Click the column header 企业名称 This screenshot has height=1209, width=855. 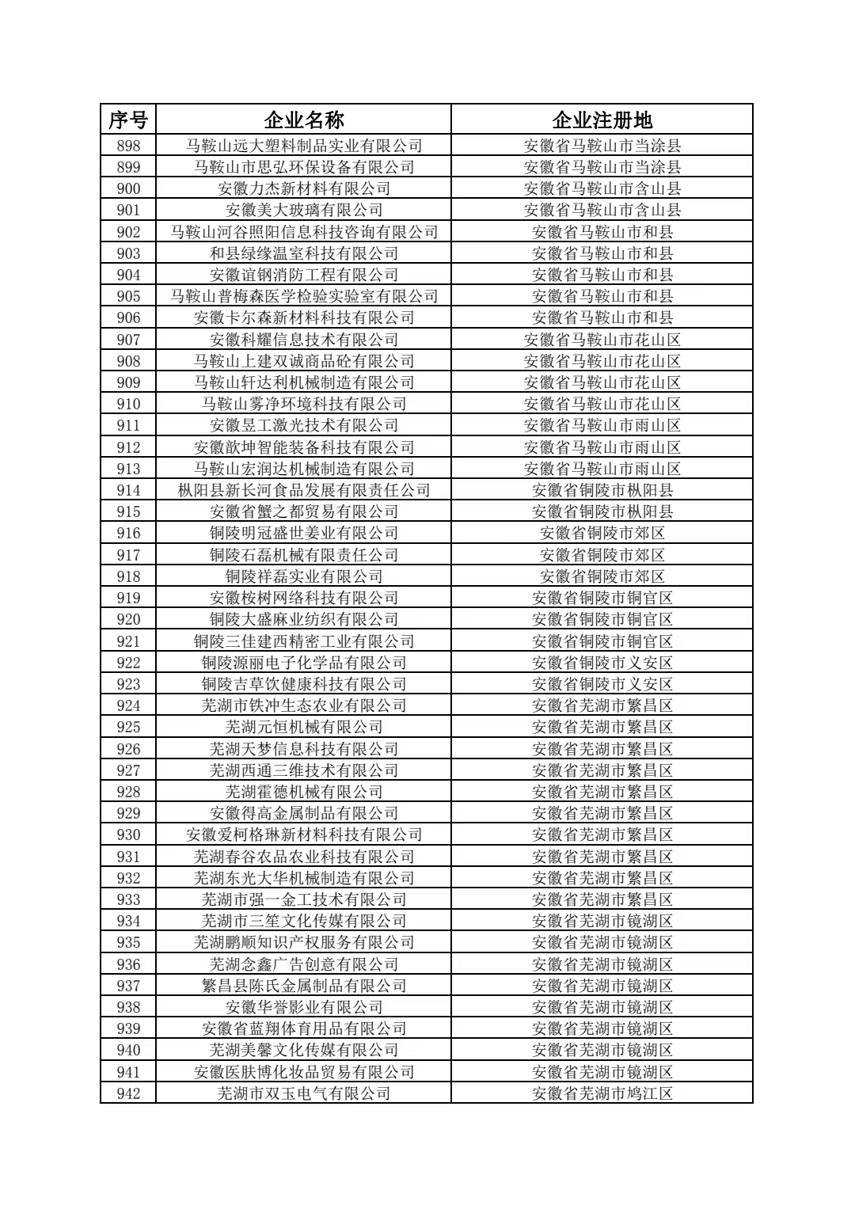click(x=304, y=120)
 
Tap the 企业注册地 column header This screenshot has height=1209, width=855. click(x=602, y=120)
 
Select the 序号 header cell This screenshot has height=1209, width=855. click(x=128, y=120)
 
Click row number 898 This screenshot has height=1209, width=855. click(x=128, y=146)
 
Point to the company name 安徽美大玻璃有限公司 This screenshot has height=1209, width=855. click(x=304, y=210)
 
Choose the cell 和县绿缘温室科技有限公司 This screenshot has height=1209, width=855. click(x=304, y=253)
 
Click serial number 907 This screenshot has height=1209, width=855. click(x=128, y=340)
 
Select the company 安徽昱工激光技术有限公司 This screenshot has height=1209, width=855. click(x=304, y=425)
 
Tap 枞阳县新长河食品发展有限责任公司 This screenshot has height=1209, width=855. click(x=304, y=490)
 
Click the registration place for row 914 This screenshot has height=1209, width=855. click(x=602, y=490)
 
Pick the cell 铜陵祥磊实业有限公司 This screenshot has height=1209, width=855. click(x=304, y=576)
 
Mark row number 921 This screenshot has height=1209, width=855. click(x=128, y=641)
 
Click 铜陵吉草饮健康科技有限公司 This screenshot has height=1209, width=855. click(x=304, y=684)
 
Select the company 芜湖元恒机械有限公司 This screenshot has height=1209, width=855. click(x=304, y=727)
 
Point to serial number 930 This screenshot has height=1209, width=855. click(x=128, y=835)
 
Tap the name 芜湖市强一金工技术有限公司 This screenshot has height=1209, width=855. click(x=304, y=899)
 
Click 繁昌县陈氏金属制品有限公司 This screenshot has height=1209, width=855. click(x=304, y=986)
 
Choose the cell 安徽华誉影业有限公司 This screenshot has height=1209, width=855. click(x=304, y=1007)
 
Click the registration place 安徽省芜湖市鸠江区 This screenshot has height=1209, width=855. click(x=602, y=1093)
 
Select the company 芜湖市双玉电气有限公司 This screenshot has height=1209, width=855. click(x=304, y=1093)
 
